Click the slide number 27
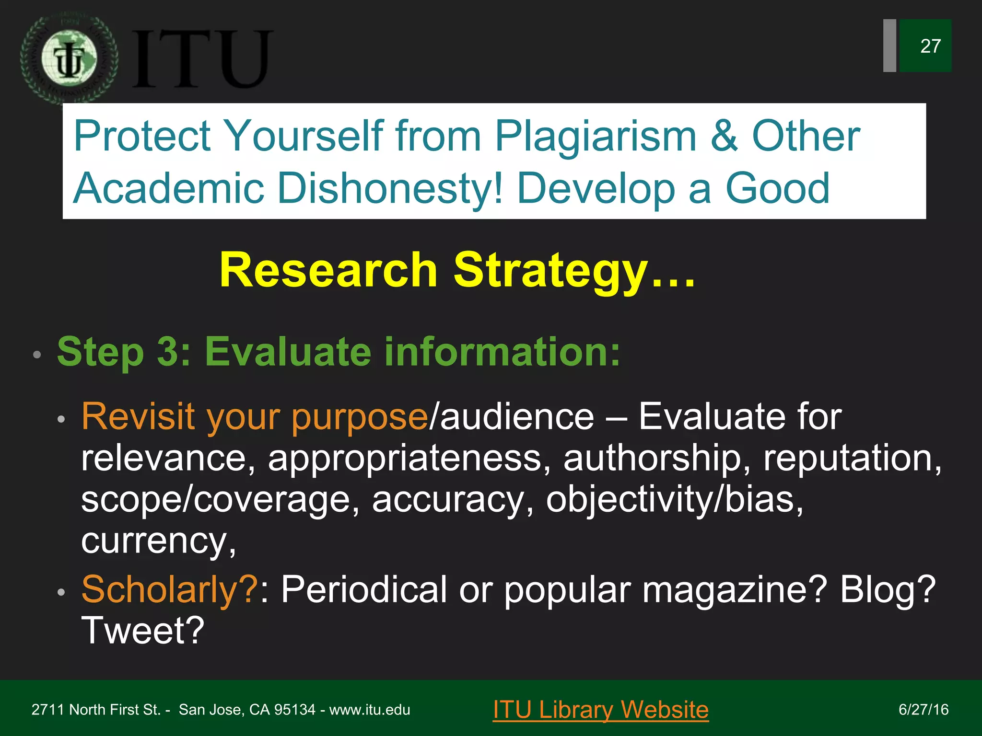pos(930,46)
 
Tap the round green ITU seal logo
pos(69,59)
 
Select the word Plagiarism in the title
pos(595,137)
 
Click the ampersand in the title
pos(724,136)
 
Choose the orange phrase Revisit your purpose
pos(255,416)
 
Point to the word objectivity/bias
pos(674,499)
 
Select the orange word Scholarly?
pos(170,589)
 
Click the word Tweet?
pos(143,631)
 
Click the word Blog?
pos(887,589)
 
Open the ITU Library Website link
pos(600,710)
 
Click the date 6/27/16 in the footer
pos(923,710)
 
